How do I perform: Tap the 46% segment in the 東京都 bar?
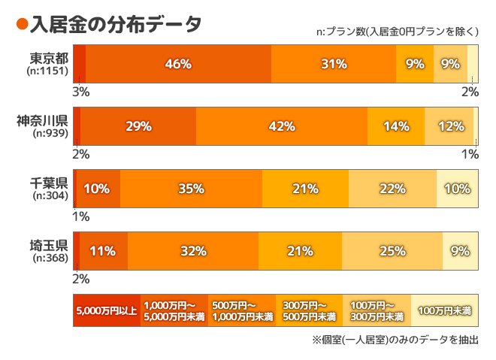point(178,64)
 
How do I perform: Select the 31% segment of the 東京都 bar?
point(334,64)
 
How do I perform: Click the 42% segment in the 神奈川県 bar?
point(281,126)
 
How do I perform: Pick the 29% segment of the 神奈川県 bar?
point(138,126)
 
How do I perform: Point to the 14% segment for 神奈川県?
point(396,126)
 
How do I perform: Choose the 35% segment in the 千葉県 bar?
point(191,189)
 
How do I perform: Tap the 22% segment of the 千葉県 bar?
point(392,189)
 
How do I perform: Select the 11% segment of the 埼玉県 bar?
point(103,251)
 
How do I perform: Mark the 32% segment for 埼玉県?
point(193,251)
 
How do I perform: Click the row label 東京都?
point(50,58)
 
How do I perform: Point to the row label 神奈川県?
point(43,120)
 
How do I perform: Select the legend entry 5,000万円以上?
point(106,310)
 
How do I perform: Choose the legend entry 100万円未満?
point(445,310)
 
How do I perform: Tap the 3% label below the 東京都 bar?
point(80,92)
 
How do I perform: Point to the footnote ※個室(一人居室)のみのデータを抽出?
point(395,340)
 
